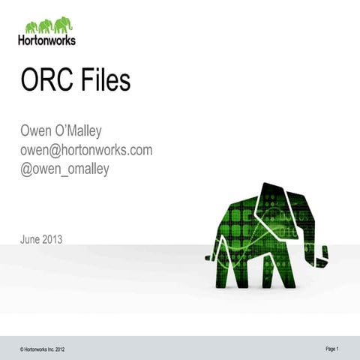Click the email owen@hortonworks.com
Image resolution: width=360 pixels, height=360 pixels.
[85, 150]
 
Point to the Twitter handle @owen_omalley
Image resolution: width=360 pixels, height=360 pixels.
[64, 169]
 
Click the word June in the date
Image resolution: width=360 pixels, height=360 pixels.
[31, 240]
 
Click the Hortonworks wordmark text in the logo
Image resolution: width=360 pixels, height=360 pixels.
[46, 40]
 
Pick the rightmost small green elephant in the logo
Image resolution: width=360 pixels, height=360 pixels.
[64, 25]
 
